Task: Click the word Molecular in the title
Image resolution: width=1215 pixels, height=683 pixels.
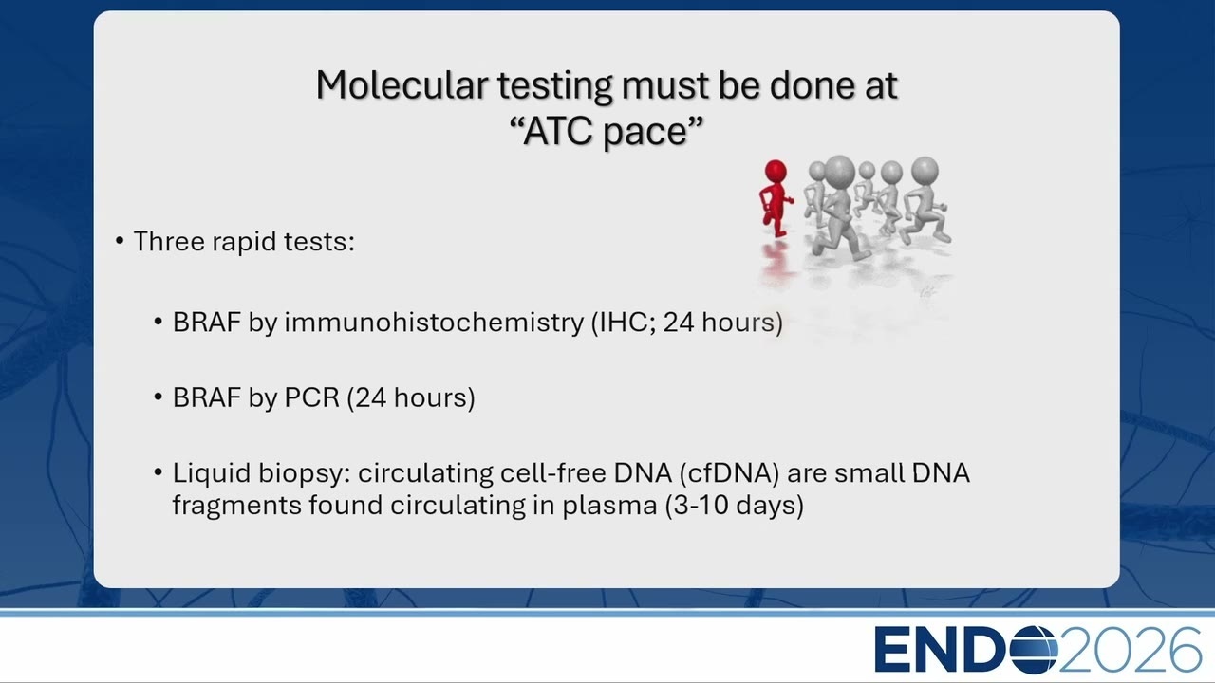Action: coord(402,84)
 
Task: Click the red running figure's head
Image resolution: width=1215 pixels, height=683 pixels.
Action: coord(776,171)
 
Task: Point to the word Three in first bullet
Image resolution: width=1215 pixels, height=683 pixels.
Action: coord(169,241)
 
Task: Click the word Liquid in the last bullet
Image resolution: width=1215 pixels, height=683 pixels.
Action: coord(212,473)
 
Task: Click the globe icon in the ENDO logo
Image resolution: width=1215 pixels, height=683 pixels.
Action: coord(1034,650)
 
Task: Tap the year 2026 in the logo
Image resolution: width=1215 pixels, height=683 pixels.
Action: coord(1131,650)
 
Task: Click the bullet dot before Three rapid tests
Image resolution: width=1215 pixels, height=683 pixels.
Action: coord(120,241)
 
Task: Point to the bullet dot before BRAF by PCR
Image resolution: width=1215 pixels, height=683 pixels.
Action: coord(159,397)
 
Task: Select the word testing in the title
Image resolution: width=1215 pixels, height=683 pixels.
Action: coord(554,86)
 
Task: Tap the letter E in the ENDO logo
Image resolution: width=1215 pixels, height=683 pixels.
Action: coord(891,650)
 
